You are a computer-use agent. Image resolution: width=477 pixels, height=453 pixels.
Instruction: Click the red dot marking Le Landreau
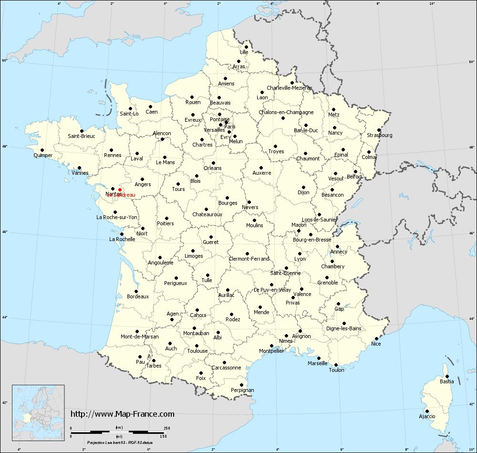click(120, 190)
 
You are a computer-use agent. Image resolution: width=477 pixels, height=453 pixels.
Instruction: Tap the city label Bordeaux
click(138, 296)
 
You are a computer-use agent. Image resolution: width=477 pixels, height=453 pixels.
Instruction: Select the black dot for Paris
click(226, 122)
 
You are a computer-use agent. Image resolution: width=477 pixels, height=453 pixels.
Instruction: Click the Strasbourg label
click(380, 135)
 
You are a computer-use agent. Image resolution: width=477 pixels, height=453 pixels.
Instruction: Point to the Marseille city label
click(318, 363)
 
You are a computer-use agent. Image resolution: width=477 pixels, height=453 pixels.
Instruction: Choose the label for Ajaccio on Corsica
click(427, 416)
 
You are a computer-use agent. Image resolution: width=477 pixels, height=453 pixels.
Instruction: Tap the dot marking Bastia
click(446, 376)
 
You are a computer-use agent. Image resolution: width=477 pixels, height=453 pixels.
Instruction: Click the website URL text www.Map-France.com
click(123, 414)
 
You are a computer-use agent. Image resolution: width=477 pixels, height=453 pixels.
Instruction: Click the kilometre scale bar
click(119, 432)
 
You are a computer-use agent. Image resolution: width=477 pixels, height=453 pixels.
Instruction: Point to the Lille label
click(244, 52)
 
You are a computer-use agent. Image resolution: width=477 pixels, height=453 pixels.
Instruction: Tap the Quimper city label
click(43, 155)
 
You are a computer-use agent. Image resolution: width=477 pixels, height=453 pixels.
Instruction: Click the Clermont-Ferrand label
click(249, 259)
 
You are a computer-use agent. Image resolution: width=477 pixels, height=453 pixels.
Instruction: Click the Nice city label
click(376, 344)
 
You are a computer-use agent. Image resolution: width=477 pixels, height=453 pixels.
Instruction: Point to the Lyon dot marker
click(299, 253)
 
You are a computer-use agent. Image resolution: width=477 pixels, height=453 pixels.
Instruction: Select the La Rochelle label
click(122, 239)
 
